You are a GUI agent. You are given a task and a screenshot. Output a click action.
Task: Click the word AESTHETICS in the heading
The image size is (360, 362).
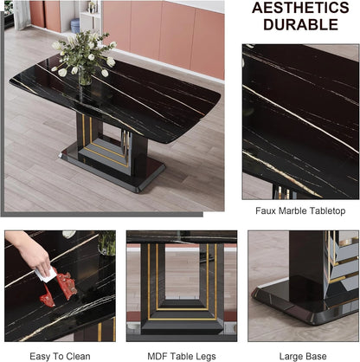(299, 8)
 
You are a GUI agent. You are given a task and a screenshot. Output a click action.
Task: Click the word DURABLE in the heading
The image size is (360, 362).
(299, 26)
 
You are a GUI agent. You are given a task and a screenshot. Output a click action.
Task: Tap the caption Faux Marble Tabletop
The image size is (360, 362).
(299, 210)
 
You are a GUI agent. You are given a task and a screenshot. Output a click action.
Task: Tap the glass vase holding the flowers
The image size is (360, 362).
(85, 76)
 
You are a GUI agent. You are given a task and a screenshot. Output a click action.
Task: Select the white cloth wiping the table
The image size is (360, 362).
(48, 274)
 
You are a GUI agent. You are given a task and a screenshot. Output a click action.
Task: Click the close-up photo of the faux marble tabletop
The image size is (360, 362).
(299, 121)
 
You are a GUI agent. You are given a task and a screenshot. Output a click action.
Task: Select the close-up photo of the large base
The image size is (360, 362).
(303, 286)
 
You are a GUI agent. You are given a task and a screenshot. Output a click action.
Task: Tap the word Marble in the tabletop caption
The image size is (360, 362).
(296, 210)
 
